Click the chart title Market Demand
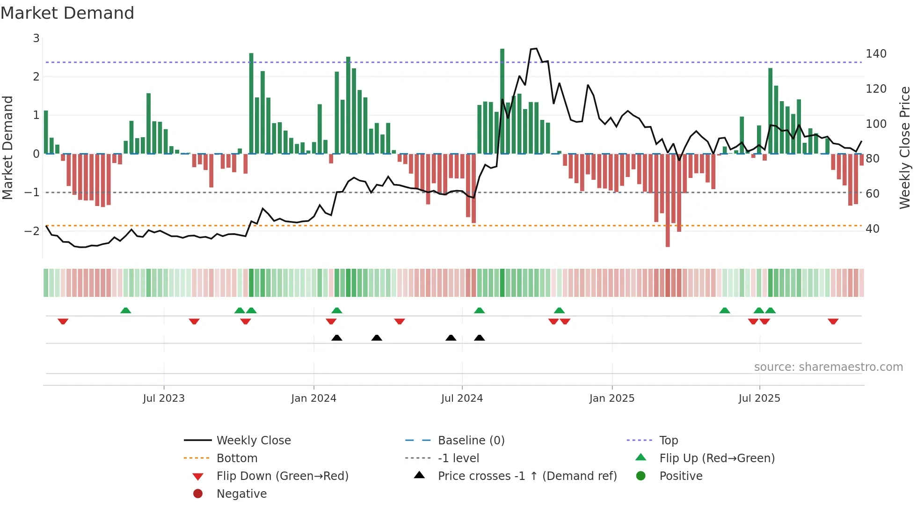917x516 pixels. pyautogui.click(x=67, y=13)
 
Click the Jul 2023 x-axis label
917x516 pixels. pyautogui.click(x=164, y=398)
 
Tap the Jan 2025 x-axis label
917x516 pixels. pyautogui.click(x=611, y=398)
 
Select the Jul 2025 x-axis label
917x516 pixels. pyautogui.click(x=759, y=398)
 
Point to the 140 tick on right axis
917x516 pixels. pyautogui.click(x=876, y=54)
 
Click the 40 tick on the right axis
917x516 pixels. pyautogui.click(x=872, y=229)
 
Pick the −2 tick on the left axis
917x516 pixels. pyautogui.click(x=32, y=231)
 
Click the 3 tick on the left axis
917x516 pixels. pyautogui.click(x=36, y=38)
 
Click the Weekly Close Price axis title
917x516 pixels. pyautogui.click(x=905, y=147)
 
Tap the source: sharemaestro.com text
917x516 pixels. pyautogui.click(x=828, y=367)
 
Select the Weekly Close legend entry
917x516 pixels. pyautogui.click(x=253, y=441)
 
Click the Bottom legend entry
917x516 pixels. pyautogui.click(x=237, y=458)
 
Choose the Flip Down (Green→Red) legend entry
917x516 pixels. pyautogui.click(x=282, y=476)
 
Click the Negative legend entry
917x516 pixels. pyautogui.click(x=241, y=494)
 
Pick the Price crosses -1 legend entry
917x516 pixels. pyautogui.click(x=527, y=476)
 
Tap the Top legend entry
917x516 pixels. pyautogui.click(x=669, y=441)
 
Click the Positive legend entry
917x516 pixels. pyautogui.click(x=681, y=476)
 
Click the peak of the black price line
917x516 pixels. pyautogui.click(x=536, y=48)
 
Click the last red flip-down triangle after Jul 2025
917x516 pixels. pyautogui.click(x=833, y=321)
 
